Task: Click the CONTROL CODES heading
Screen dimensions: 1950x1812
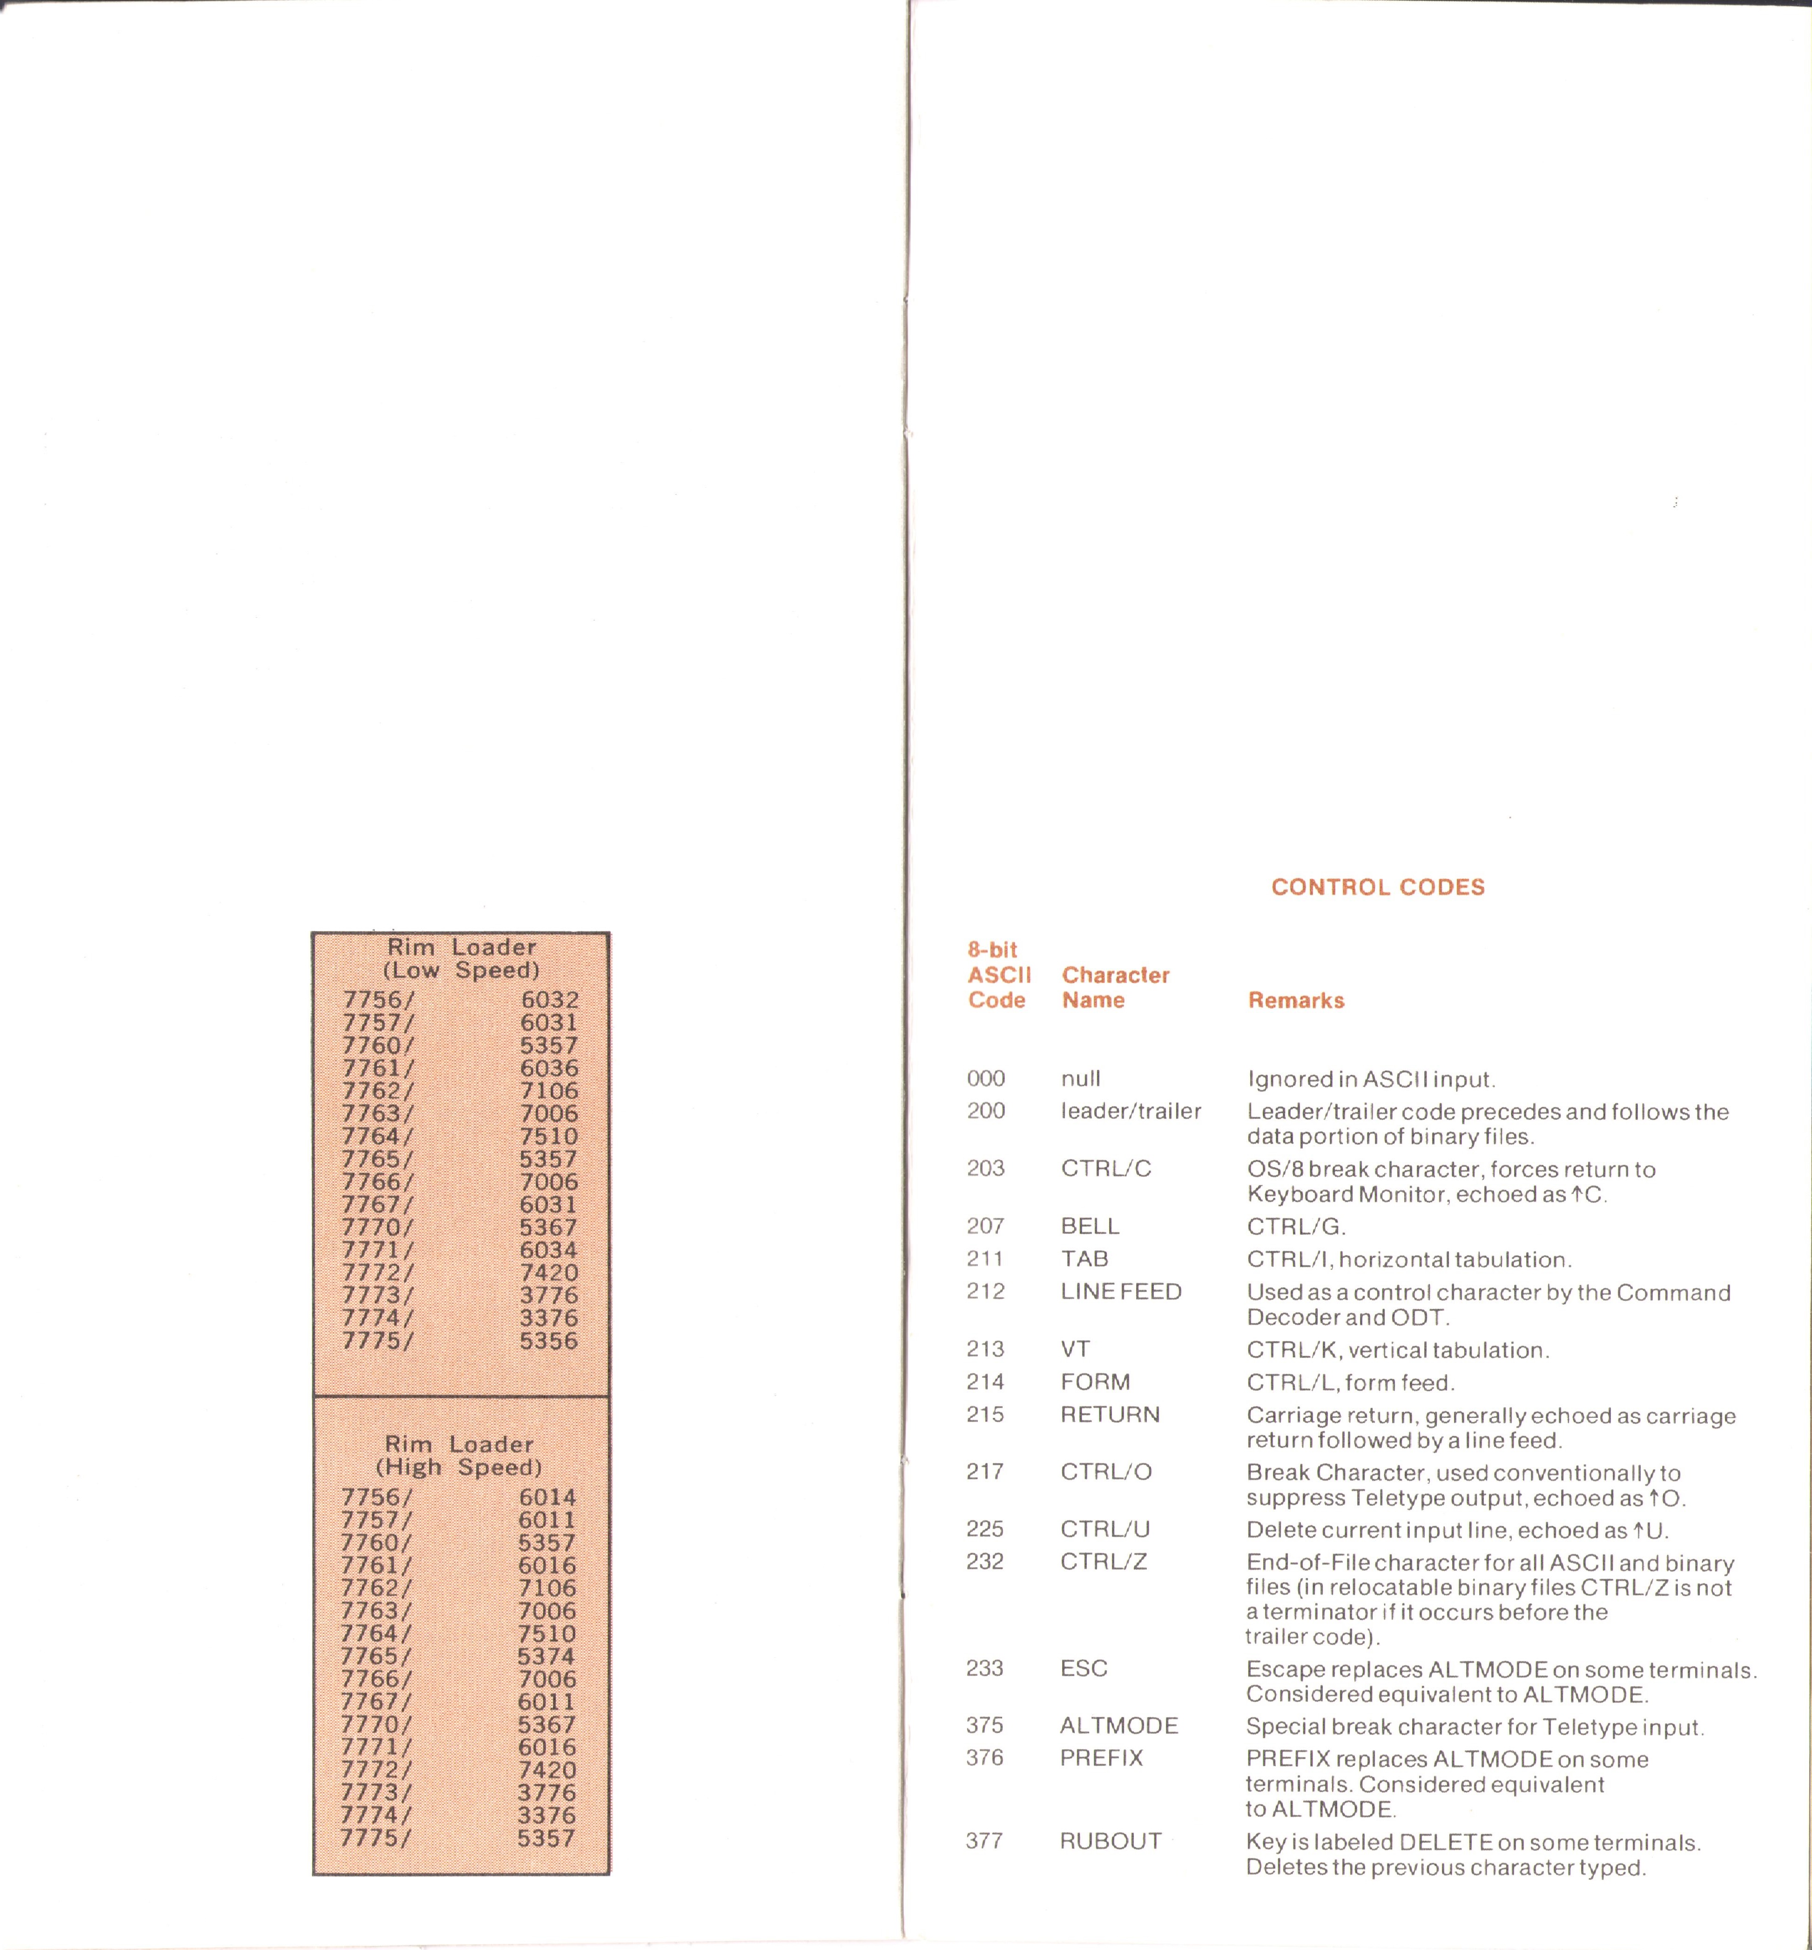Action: (1378, 887)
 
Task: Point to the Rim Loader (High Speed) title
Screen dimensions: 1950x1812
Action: (459, 1456)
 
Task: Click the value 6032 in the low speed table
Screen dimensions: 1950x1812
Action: (549, 1000)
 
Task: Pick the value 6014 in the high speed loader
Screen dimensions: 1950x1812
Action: (547, 1497)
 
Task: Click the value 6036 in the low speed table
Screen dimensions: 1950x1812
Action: (549, 1068)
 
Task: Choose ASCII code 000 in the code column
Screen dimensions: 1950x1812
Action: (985, 1079)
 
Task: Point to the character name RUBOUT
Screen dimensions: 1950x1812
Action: (1110, 1841)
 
